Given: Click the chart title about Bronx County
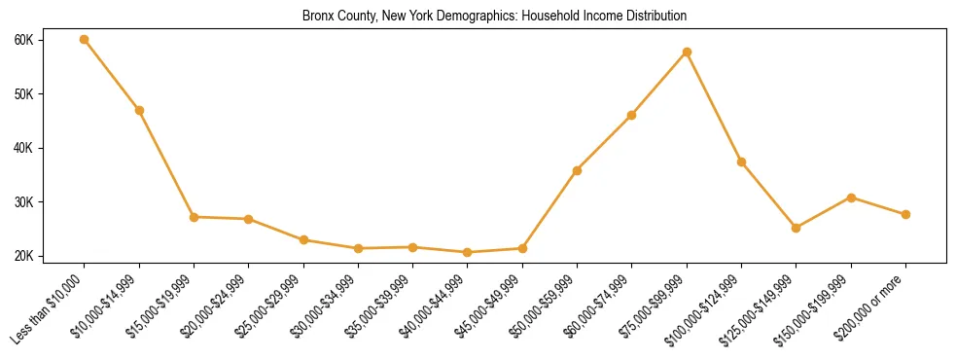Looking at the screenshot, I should click(494, 16).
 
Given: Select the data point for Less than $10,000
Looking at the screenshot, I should click(85, 40).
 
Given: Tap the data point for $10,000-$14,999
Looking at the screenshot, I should click(139, 110).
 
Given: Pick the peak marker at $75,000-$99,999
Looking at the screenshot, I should click(687, 52).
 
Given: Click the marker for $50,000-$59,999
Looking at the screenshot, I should click(577, 170).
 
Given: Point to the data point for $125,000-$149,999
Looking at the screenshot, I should click(796, 228).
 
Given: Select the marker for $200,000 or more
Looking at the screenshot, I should click(905, 214).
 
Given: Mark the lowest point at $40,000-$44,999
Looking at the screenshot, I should click(468, 252).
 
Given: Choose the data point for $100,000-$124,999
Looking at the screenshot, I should click(741, 162).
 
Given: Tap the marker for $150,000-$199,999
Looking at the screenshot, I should click(851, 198).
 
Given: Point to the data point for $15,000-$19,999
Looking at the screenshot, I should click(194, 217).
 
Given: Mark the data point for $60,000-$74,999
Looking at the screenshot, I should click(632, 115).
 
